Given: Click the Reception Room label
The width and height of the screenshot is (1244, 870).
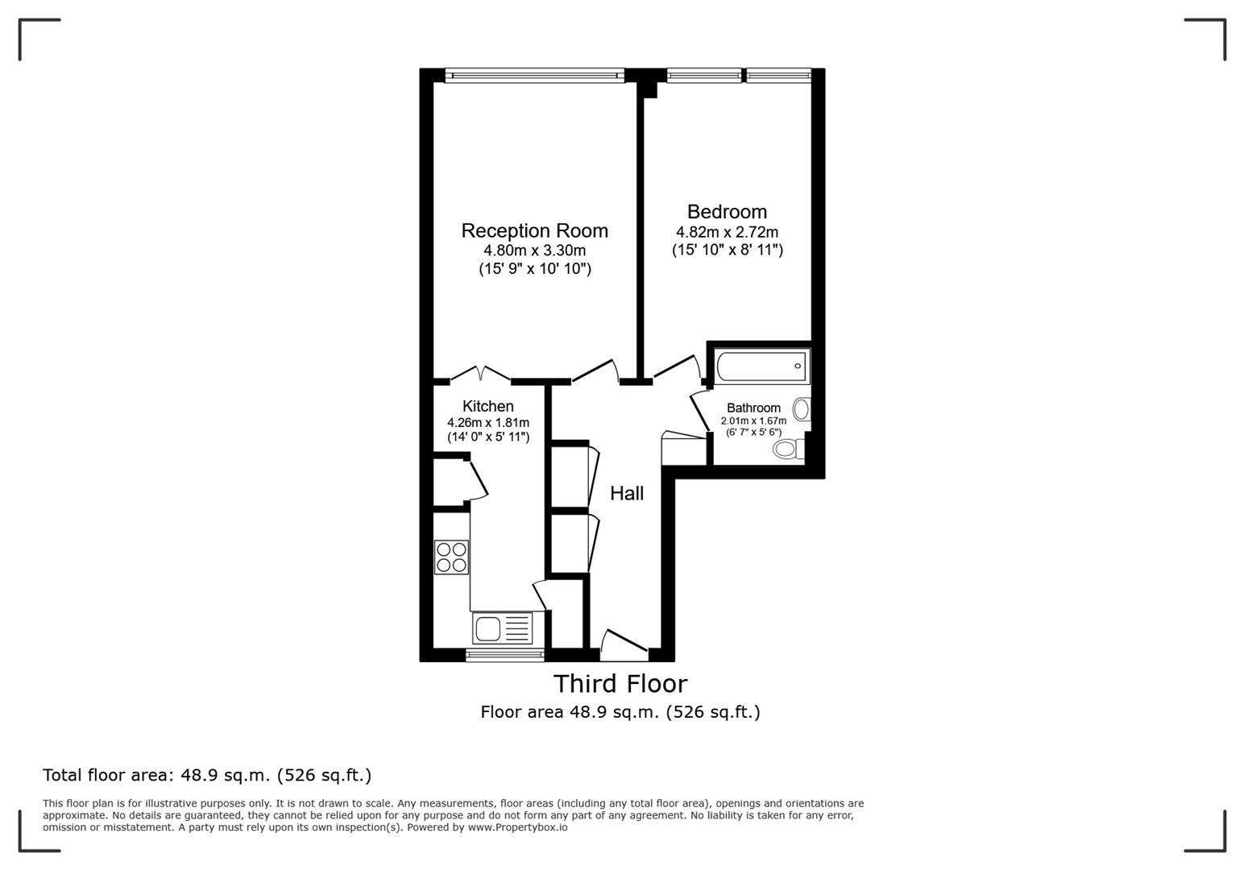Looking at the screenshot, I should pos(534,231).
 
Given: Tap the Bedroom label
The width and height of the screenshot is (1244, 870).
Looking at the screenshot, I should pos(727,212).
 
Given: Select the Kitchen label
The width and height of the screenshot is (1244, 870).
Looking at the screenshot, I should pos(487,407).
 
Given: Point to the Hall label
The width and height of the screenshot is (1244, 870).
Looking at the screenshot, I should pos(626,494).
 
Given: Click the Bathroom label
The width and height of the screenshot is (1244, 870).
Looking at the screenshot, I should pos(753,408).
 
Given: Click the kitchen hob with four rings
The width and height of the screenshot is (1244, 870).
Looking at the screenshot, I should pos(452,557).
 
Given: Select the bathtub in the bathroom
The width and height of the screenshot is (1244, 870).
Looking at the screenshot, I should pos(761,367).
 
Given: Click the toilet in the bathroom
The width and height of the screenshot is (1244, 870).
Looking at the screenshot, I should pos(787,448).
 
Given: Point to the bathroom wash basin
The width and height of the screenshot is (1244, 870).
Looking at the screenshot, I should pos(801,409).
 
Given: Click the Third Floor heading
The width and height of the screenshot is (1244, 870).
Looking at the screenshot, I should pos(620,684).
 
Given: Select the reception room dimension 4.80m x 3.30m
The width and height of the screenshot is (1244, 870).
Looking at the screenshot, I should pos(534,251).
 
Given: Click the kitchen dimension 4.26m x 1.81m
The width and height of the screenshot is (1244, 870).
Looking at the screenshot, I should pos(487,423).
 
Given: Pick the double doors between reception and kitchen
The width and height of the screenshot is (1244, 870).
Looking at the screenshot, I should pos(480,374).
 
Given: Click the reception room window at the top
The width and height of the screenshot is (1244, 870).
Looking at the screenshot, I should pos(534,76).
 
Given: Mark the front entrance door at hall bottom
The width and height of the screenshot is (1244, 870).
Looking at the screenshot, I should pos(624,644).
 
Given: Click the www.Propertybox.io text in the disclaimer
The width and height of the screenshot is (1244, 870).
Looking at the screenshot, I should pos(517,827).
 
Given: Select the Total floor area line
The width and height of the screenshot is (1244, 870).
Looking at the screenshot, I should pos(207,776).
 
